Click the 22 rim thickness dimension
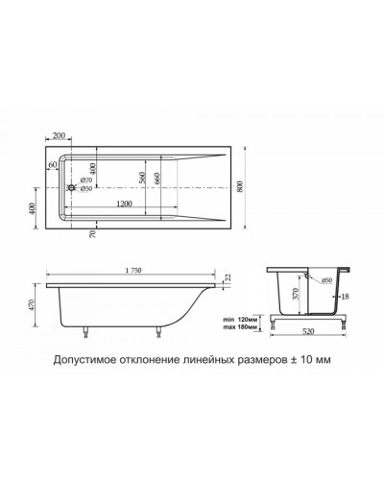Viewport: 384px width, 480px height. point(228,277)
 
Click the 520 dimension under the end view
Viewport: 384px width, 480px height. point(306,333)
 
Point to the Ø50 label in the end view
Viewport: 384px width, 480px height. point(326,279)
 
